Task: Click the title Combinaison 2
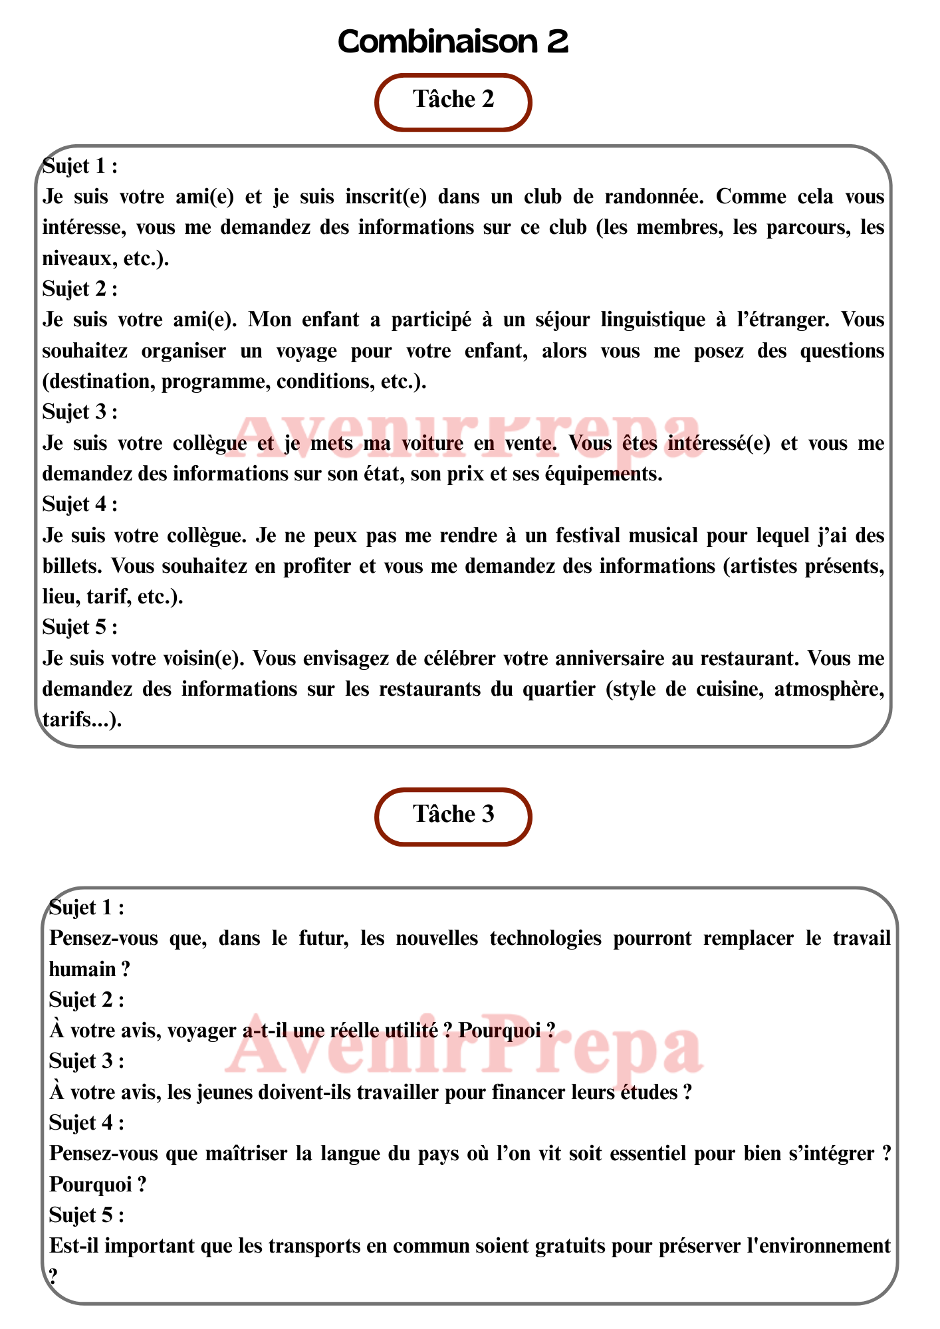pos(453,43)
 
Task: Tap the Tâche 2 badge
pos(453,100)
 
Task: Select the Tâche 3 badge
pos(453,815)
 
